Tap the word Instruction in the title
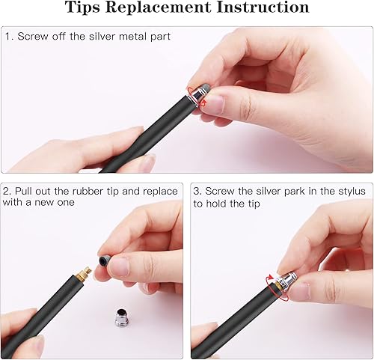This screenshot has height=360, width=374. tap(261, 8)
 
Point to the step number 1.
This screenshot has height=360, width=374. tap(8, 37)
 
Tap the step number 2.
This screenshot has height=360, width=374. tap(8, 191)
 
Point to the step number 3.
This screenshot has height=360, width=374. tap(197, 191)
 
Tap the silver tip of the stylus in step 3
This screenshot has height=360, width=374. tap(286, 281)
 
